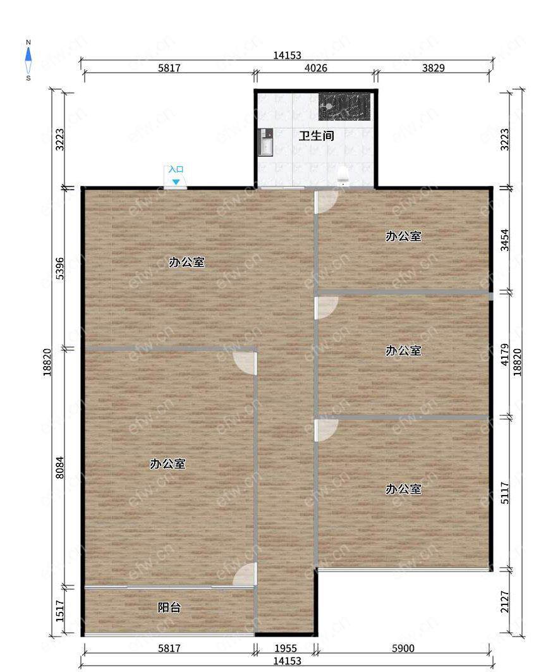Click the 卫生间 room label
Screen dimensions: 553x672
(x=316, y=137)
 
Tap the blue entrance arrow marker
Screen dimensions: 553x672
(x=176, y=182)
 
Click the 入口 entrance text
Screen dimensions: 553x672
(x=176, y=169)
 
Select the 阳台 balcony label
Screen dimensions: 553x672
(x=169, y=608)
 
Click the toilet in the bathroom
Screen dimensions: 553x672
(x=343, y=175)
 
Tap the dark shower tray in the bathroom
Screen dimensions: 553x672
(x=344, y=106)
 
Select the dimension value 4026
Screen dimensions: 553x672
(x=316, y=68)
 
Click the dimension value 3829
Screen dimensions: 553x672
(x=433, y=68)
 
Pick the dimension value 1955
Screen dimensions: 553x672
(x=285, y=649)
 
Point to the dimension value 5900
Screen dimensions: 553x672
(x=403, y=649)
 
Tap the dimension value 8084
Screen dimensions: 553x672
(x=60, y=467)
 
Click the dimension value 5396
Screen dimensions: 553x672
(x=60, y=268)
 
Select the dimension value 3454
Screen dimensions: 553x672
(x=505, y=240)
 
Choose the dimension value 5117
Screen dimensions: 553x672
(x=505, y=493)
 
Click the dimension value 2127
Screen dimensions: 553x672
(x=505, y=602)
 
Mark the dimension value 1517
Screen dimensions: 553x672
(x=60, y=610)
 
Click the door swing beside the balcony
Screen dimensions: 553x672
(x=245, y=574)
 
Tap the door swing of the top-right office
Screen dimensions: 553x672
(x=327, y=202)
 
